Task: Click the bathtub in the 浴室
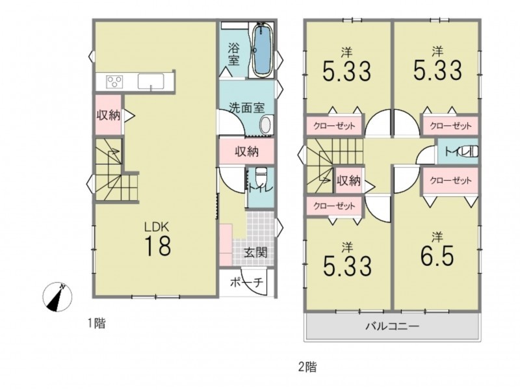coord(263,51)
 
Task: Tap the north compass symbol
coord(57,297)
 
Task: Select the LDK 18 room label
coord(157,239)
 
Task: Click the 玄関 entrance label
coord(255,253)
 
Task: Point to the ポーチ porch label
coord(246,283)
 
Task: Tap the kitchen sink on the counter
coord(151,82)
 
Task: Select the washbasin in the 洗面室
coord(266,125)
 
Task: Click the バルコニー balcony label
coord(393,326)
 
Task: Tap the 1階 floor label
coord(96,323)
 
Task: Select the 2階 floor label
coord(307,367)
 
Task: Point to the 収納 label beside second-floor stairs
coord(348,181)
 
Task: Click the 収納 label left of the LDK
coord(109,116)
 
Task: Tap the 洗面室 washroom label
coord(247,108)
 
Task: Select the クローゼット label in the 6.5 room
coord(450,181)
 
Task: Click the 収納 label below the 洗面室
coord(247,151)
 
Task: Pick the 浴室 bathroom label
coord(233,55)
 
